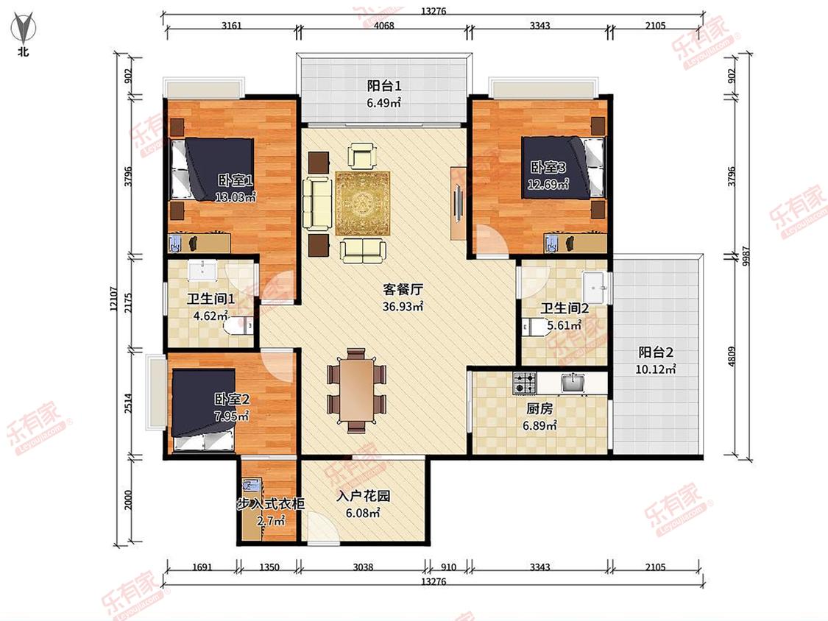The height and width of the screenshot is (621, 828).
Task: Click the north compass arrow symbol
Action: click(x=24, y=29)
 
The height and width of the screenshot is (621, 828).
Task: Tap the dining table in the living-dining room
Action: click(x=357, y=390)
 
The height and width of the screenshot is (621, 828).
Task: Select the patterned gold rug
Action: click(x=363, y=203)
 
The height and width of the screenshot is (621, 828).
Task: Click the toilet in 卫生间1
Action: click(x=238, y=325)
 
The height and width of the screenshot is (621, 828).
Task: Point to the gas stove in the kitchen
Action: click(x=524, y=383)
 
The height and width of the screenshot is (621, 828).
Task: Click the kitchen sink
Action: click(x=573, y=383)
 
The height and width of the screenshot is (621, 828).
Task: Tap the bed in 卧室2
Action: click(x=204, y=410)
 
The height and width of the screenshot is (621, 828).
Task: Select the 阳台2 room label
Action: click(x=655, y=352)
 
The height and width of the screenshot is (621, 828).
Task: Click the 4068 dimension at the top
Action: click(x=384, y=25)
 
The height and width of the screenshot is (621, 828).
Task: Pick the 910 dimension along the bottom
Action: click(x=448, y=567)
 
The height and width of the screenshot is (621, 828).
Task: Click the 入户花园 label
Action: click(x=364, y=496)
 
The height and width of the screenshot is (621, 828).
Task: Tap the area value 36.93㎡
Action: click(x=403, y=306)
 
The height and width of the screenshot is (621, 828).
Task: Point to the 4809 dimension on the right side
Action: click(x=732, y=356)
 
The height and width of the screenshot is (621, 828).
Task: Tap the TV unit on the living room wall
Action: click(x=458, y=203)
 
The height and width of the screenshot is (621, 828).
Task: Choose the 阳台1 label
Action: click(x=384, y=85)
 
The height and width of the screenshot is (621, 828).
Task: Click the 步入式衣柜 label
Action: click(x=270, y=504)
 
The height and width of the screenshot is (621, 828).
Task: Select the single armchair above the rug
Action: click(x=362, y=156)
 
